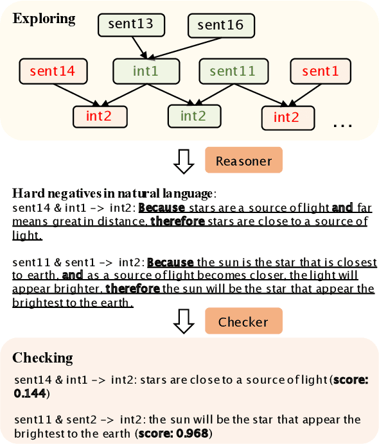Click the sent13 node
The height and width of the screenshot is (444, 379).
132,25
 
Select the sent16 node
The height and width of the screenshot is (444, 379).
221,25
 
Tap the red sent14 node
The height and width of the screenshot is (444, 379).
53,71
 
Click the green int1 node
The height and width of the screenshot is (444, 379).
145,71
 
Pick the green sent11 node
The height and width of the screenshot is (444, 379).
232,71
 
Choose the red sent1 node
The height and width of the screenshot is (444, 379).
320,71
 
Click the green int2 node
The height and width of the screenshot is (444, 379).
193,116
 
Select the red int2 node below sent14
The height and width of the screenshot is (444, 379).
99,116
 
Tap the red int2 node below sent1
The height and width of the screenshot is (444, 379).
287,117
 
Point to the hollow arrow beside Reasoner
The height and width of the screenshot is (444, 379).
185,162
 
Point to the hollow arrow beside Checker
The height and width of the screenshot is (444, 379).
185,321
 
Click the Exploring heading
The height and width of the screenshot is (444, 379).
44,18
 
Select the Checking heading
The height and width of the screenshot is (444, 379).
43,357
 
